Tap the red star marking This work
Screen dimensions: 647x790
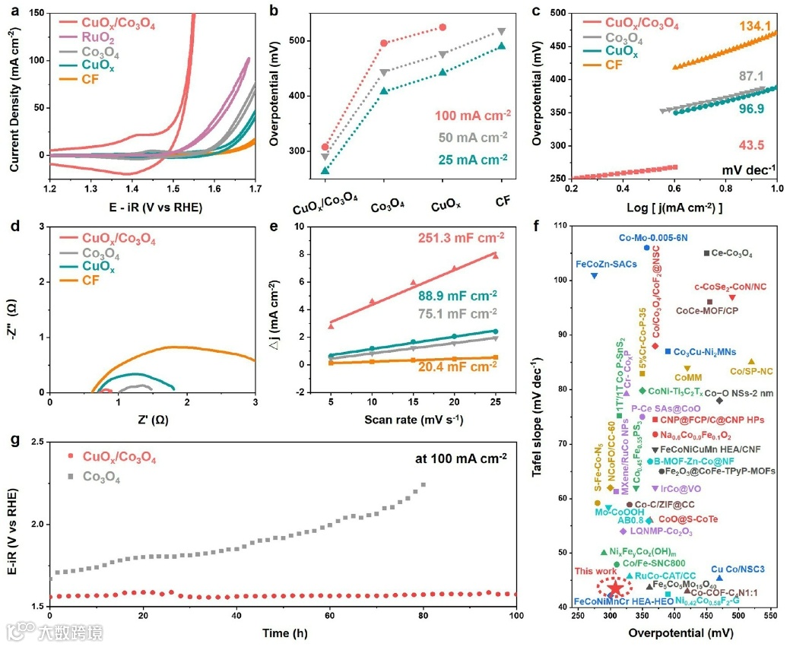pyautogui.click(x=614, y=588)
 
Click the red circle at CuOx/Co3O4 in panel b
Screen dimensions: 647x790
pyautogui.click(x=325, y=147)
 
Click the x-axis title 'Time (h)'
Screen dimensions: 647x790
pyautogui.click(x=282, y=633)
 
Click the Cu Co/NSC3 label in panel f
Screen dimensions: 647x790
pyautogui.click(x=738, y=569)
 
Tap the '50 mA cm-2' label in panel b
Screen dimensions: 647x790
pyautogui.click(x=471, y=138)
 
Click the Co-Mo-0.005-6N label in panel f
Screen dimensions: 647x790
pyautogui.click(x=653, y=237)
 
